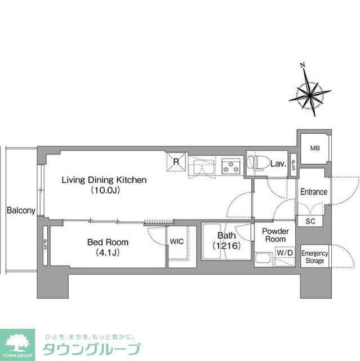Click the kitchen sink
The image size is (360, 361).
(202, 166)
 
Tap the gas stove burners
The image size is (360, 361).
(230, 166)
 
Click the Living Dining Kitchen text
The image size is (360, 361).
(104, 180)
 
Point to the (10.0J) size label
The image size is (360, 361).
(104, 191)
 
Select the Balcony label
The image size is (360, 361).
(21, 210)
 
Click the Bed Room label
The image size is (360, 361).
(107, 242)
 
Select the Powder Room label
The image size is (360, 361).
(275, 235)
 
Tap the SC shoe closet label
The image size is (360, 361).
(310, 221)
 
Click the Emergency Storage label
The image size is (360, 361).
(314, 257)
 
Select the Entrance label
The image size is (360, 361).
(313, 191)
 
